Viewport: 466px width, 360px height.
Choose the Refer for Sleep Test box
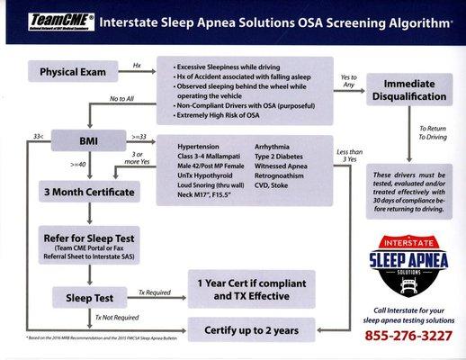coord(92,243)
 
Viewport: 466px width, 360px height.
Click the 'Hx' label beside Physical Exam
coord(137,66)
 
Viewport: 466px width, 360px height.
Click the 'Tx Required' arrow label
coord(155,292)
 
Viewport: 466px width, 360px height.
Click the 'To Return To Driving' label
coord(432,134)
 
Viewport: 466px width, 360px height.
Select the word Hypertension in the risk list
coord(198,145)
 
